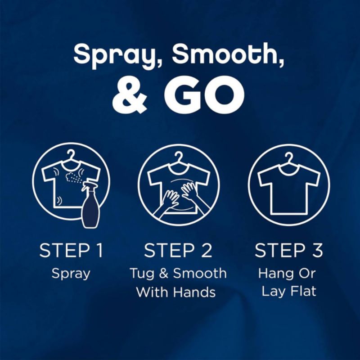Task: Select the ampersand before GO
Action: pos(131,96)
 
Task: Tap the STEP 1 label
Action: pos(71,251)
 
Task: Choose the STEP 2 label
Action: pos(179,251)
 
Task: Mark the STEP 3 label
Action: pos(289,251)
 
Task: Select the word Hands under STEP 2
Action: pos(195,292)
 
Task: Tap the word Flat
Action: pos(302,291)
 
